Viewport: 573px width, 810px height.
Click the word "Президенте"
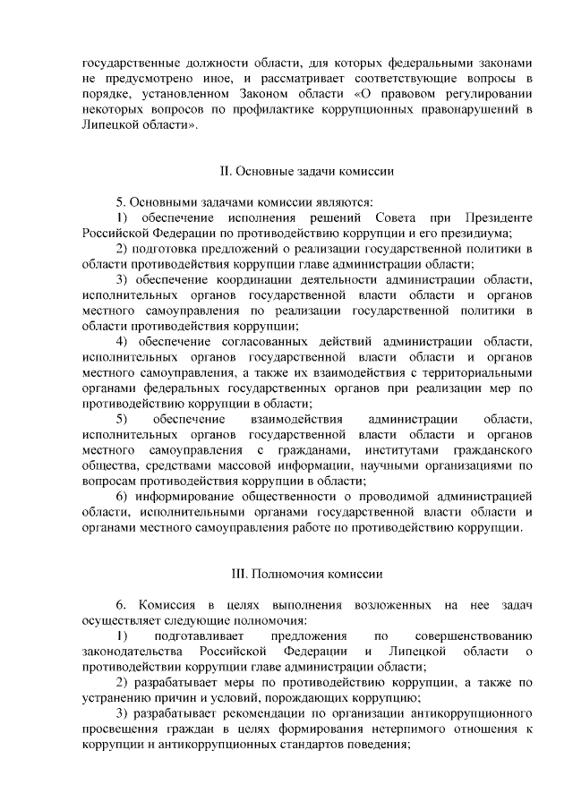(x=499, y=217)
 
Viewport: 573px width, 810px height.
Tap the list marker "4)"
(x=126, y=342)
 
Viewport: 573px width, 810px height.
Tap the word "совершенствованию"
(x=474, y=635)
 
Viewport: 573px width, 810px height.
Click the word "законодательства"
(x=133, y=651)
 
